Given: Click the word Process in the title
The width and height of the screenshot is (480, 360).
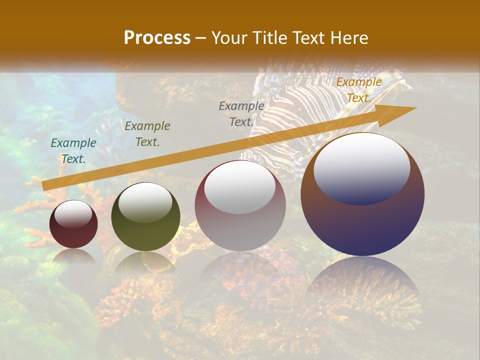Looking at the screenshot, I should pyautogui.click(x=157, y=37).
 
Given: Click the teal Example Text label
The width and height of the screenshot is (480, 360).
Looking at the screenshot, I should pyautogui.click(x=73, y=150).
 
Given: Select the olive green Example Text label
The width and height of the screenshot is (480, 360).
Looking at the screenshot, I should pyautogui.click(x=147, y=134).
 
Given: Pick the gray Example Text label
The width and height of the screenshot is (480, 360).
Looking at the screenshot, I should pyautogui.click(x=241, y=113).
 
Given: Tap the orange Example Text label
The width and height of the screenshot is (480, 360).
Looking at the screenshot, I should pyautogui.click(x=358, y=90).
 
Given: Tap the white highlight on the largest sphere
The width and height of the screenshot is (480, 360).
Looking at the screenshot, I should pyautogui.click(x=361, y=167).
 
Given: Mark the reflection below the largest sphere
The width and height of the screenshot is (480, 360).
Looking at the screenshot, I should pyautogui.click(x=362, y=280).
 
